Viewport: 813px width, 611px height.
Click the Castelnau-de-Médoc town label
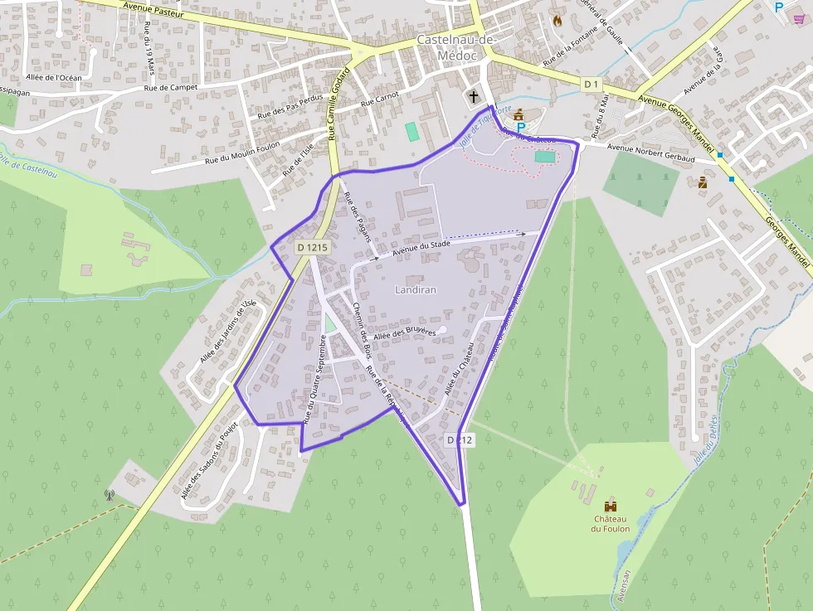455,46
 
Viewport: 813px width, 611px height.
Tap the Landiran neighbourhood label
416,289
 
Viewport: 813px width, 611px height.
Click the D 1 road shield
591,84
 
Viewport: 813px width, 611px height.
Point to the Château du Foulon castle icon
611,505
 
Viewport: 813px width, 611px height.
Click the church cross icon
474,96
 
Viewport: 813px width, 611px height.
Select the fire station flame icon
557,20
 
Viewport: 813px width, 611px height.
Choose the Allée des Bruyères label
405,332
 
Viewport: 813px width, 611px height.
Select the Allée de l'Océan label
54,77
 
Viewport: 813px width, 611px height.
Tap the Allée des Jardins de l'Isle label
226,332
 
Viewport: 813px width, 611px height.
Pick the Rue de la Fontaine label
572,46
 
